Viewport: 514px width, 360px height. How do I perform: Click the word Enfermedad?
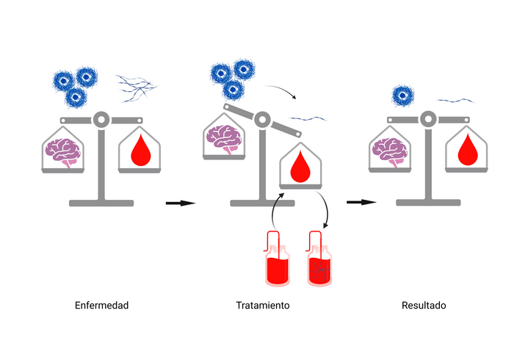pyautogui.click(x=101, y=305)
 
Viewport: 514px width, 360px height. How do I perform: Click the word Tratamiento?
pyautogui.click(x=262, y=305)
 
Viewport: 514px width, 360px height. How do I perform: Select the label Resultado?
pyautogui.click(x=424, y=305)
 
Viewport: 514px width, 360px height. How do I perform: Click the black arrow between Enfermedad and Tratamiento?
pyautogui.click(x=179, y=203)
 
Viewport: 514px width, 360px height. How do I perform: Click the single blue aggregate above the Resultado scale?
pyautogui.click(x=402, y=96)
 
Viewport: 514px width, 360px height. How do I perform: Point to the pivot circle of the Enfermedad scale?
pyautogui.click(x=101, y=118)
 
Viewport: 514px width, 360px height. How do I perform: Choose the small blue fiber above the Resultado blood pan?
pyautogui.click(x=455, y=100)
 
